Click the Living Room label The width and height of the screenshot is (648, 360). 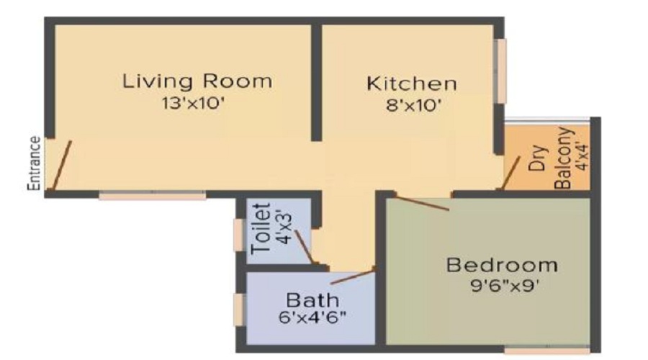tap(197, 81)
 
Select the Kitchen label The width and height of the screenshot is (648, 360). tap(412, 84)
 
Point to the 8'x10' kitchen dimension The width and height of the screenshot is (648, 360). tap(412, 106)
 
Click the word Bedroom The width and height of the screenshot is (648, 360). tap(502, 265)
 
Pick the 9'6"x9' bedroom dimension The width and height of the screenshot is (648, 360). tap(505, 286)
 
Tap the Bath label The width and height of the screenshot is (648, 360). tap(312, 300)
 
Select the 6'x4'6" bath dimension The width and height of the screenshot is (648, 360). tap(312, 318)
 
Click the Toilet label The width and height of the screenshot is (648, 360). tap(261, 228)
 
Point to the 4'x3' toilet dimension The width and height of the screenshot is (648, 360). tap(286, 227)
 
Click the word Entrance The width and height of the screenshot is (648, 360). tap(35, 163)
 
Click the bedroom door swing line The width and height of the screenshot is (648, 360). tap(421, 203)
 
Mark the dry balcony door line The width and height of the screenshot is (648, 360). tap(510, 173)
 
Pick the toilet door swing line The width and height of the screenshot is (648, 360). tap(304, 247)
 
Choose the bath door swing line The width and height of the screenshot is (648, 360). tap(353, 277)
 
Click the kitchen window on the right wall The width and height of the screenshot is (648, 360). tap(501, 71)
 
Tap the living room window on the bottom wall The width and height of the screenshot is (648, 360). tap(152, 194)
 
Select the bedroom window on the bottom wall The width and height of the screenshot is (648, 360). tap(547, 350)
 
